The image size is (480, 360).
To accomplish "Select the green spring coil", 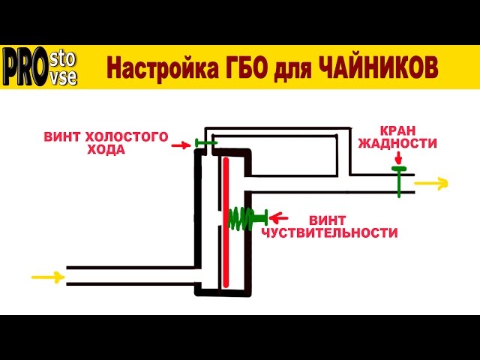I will (241, 218).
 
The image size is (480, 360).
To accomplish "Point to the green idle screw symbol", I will (205, 142).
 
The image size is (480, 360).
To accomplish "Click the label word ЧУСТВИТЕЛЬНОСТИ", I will (329, 233).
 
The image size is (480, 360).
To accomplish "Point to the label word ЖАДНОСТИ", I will (397, 143).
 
